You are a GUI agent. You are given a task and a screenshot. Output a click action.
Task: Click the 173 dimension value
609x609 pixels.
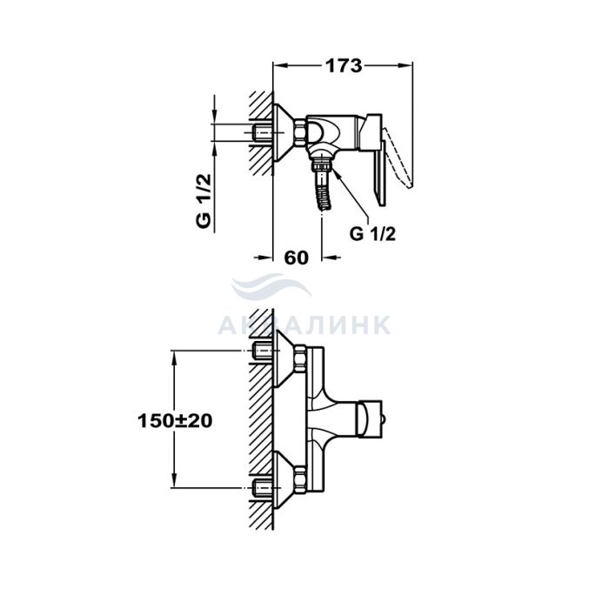click(x=344, y=65)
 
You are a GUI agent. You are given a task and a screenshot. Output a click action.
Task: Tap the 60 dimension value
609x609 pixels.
click(x=297, y=258)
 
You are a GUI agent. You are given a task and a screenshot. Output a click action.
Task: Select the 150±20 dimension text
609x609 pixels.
click(x=175, y=421)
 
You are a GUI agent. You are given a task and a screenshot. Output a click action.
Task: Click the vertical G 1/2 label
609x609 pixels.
click(x=204, y=201)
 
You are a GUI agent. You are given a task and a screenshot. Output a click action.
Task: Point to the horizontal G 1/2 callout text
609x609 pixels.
click(x=372, y=234)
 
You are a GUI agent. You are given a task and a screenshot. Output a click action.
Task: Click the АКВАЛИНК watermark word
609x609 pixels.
click(x=304, y=325)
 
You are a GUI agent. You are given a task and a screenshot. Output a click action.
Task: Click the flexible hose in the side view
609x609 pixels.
click(x=323, y=191)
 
